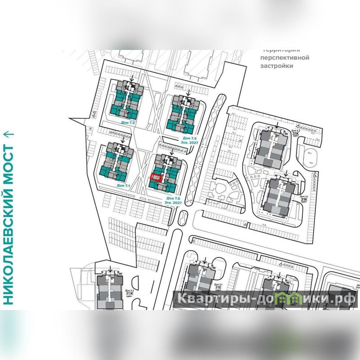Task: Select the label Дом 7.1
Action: (123, 185)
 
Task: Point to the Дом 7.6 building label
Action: (173, 198)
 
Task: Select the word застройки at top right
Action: (277, 66)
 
